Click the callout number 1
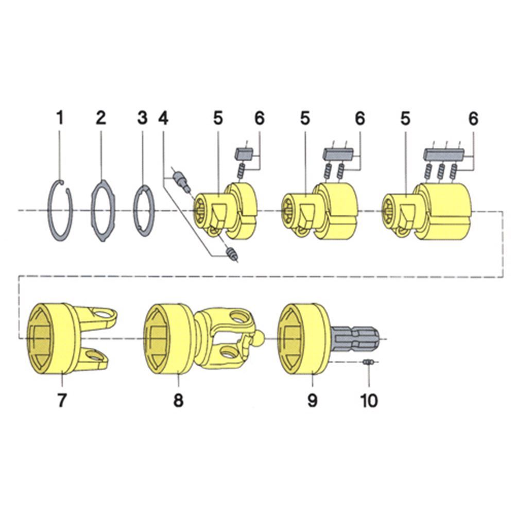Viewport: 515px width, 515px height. point(60,118)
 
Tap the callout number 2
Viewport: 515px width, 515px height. point(101,118)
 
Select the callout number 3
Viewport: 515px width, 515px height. point(142,118)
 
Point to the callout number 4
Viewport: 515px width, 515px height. point(163,118)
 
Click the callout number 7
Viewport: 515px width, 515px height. point(62,400)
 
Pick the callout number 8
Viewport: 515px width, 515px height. point(178,400)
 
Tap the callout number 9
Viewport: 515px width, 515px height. point(313,400)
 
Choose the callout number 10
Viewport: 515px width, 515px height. point(369,400)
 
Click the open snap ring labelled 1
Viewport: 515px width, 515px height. point(60,211)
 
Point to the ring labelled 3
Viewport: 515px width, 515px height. point(144,211)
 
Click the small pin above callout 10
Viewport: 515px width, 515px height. point(367,362)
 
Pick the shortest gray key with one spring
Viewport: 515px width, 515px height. point(244,153)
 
